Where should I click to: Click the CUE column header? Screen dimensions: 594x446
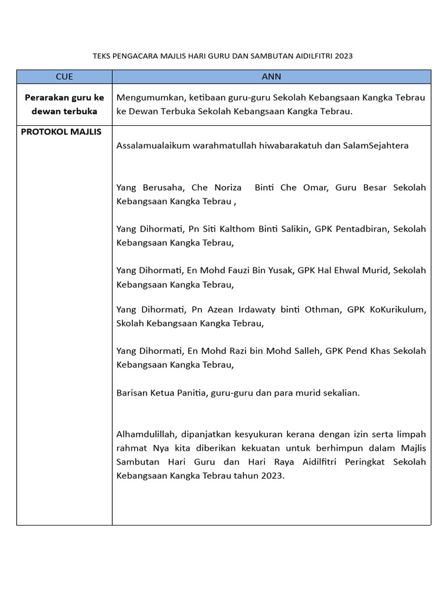64,77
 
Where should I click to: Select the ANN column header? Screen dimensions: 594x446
271,77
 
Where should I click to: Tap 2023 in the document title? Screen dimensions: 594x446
343,56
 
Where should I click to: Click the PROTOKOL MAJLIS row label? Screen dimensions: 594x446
61,132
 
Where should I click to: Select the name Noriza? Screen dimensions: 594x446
228,187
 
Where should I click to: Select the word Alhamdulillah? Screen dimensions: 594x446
146,434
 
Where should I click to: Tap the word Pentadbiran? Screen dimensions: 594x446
360,229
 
